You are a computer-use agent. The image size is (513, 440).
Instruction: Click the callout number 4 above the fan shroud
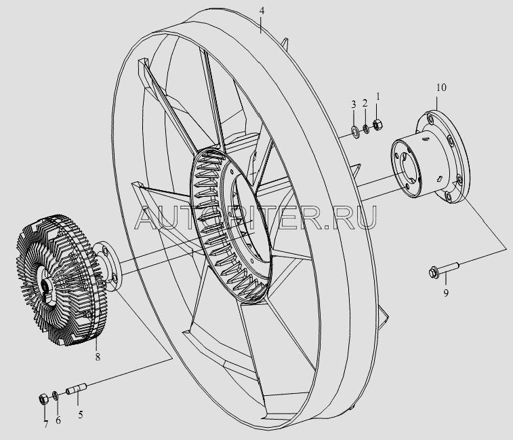[261, 11]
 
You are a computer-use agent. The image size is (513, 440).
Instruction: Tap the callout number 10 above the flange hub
[441, 88]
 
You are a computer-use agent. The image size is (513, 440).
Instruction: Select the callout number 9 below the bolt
[446, 293]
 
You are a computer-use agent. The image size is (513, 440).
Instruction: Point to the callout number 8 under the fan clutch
[98, 356]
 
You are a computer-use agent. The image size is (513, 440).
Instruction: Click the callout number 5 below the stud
[81, 414]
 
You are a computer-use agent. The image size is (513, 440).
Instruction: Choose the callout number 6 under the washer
[58, 420]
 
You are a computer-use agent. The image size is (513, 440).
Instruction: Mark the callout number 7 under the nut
[45, 424]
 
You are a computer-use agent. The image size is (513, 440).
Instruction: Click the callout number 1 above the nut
[378, 96]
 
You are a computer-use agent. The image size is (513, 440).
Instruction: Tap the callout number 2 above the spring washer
[365, 103]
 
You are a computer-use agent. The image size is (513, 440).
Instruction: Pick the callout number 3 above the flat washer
[353, 105]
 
